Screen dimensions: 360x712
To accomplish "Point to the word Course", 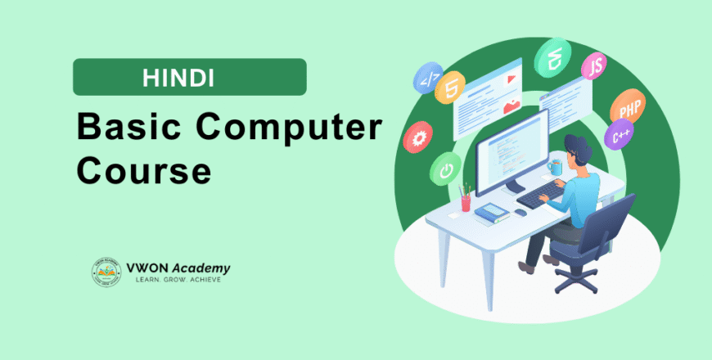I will click(143, 173).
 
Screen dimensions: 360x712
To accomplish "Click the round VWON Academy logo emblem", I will click(106, 272).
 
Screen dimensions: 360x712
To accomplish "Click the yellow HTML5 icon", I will click(450, 87).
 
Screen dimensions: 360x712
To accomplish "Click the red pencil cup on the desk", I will click(466, 201).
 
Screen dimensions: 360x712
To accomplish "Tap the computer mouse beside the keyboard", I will click(520, 213).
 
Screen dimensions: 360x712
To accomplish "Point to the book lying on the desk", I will click(491, 213).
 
